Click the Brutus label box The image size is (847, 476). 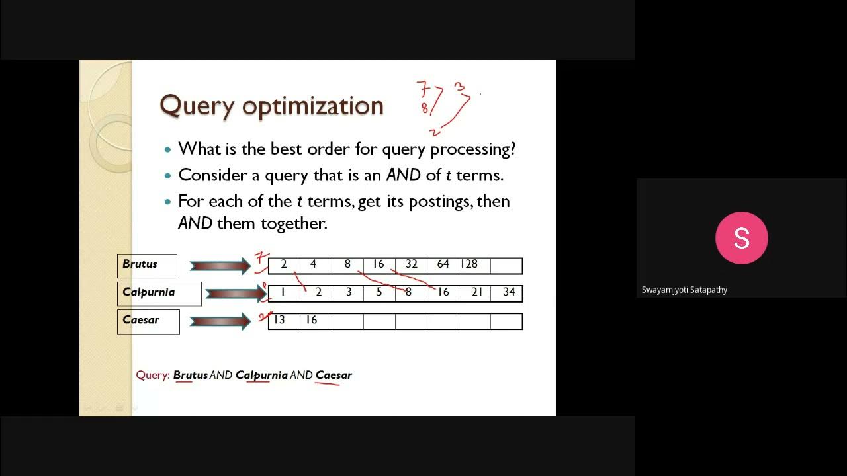point(147,265)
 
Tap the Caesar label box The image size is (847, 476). point(148,321)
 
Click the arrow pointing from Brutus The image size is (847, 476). point(220,266)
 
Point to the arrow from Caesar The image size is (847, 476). point(220,321)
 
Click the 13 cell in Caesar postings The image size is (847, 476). point(284,321)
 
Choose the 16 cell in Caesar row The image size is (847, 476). point(316,321)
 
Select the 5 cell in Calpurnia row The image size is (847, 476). point(379,293)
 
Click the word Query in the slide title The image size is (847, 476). point(196,106)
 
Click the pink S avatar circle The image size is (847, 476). point(741,238)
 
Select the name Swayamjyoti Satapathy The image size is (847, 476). point(684,290)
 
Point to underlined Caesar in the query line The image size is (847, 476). point(334,376)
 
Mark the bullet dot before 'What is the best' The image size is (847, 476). point(167,150)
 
